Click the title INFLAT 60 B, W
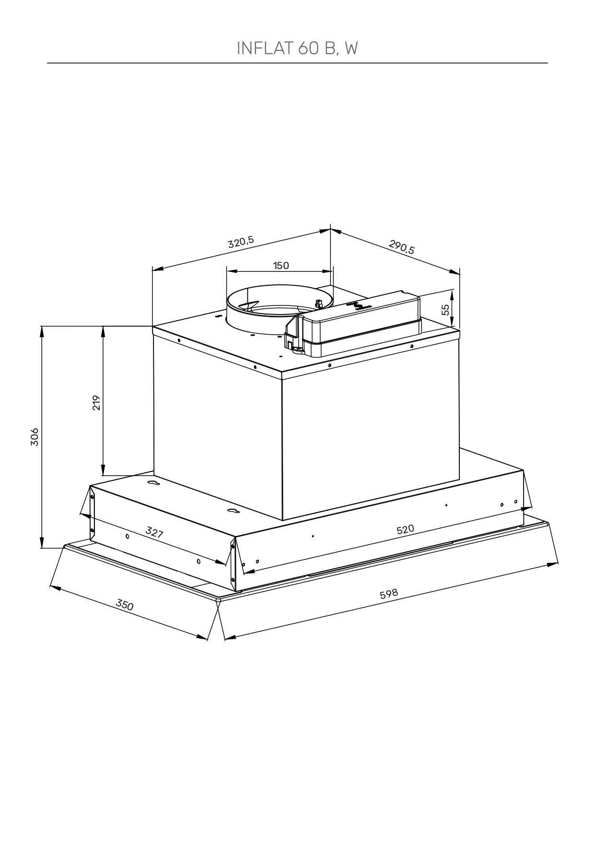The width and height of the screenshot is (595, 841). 297,48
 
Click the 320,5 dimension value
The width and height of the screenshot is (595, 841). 241,242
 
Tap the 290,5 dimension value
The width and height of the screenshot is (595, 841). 402,247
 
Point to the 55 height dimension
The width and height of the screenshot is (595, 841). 446,309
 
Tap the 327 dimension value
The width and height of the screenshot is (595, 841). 154,532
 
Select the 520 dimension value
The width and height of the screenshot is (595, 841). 405,529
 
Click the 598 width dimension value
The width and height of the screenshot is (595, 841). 389,594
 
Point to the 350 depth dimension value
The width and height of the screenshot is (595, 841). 125,605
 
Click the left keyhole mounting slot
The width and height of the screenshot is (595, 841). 153,483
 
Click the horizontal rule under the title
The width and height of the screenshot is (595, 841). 297,63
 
